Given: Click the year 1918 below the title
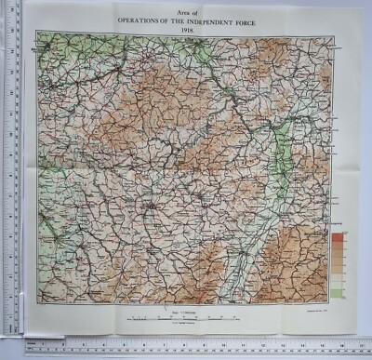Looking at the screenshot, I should [x=185, y=25].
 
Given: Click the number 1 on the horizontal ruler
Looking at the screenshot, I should [x=50, y=345].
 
